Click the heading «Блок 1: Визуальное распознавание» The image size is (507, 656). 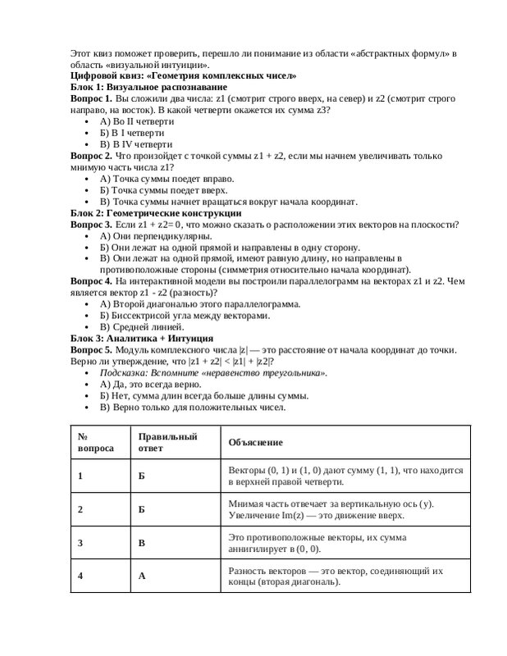144,86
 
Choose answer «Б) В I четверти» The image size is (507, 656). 131,132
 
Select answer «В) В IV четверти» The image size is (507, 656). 135,143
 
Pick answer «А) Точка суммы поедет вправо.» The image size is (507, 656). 167,178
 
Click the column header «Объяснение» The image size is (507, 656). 255,442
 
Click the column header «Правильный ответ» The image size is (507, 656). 167,442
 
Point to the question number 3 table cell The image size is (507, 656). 80,542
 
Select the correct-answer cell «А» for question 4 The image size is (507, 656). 141,576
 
